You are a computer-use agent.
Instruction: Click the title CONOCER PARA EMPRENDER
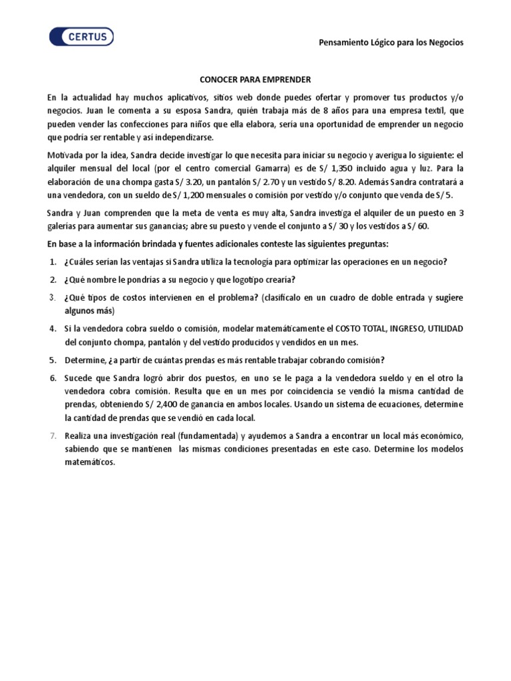point(255,79)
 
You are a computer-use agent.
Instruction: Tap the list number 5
point(53,360)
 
